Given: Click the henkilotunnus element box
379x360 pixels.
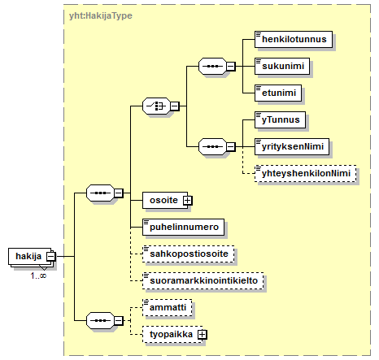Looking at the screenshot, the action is pos(294,39).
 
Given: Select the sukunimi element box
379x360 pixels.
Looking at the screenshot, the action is pos(282,66).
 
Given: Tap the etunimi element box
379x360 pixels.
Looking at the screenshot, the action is pos(278,93).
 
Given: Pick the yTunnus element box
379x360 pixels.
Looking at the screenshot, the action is pos(280,119).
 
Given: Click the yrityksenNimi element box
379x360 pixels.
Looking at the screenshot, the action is pos(292,146).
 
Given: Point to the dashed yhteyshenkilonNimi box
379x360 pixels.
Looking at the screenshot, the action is pos(305,173).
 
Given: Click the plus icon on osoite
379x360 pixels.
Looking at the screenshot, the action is pos(187,201).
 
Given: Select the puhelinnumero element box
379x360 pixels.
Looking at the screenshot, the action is pos(183,227).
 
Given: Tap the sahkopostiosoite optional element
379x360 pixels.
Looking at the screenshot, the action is pos(189,254).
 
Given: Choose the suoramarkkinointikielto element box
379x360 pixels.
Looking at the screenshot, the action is pos(203,280).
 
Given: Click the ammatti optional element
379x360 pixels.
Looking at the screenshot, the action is pos(168,307).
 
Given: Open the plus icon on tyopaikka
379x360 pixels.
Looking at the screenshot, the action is pos(203,335).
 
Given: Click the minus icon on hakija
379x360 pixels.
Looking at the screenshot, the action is pos(50,256).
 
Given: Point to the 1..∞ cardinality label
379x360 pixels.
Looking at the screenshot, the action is pos(38,275).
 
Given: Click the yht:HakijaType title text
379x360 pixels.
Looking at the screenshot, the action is pos(101,15).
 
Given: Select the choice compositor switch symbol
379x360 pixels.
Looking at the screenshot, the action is pos(156,106).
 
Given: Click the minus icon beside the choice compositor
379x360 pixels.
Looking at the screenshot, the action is pos(175,106).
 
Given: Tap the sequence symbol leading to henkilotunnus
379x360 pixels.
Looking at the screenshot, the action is pos(212,66).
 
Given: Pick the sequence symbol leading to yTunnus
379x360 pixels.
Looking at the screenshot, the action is pos(212,146).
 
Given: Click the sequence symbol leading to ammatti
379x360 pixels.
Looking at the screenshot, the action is pos(100,321).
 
